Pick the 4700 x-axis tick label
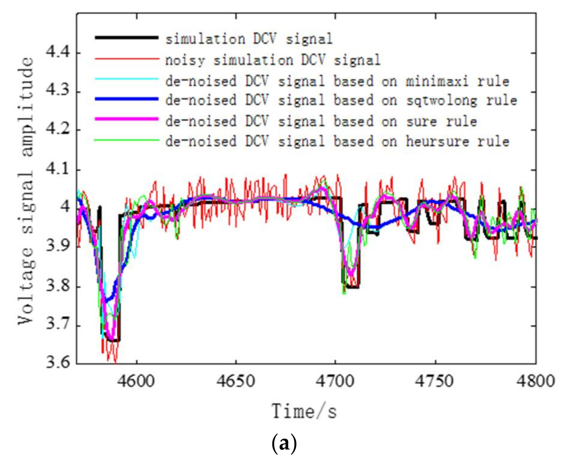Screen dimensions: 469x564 pos(335,381)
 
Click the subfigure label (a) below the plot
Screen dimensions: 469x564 pos(284,444)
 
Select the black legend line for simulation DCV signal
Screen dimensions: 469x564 pos(127,38)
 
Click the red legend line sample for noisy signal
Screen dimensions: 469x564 pos(127,59)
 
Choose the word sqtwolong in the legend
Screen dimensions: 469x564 pos(441,101)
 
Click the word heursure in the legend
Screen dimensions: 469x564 pos(437,141)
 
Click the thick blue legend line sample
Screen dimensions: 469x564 pos(127,99)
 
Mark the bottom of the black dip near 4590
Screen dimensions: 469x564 pos(114,340)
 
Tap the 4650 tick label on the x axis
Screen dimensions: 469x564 pos(236,381)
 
